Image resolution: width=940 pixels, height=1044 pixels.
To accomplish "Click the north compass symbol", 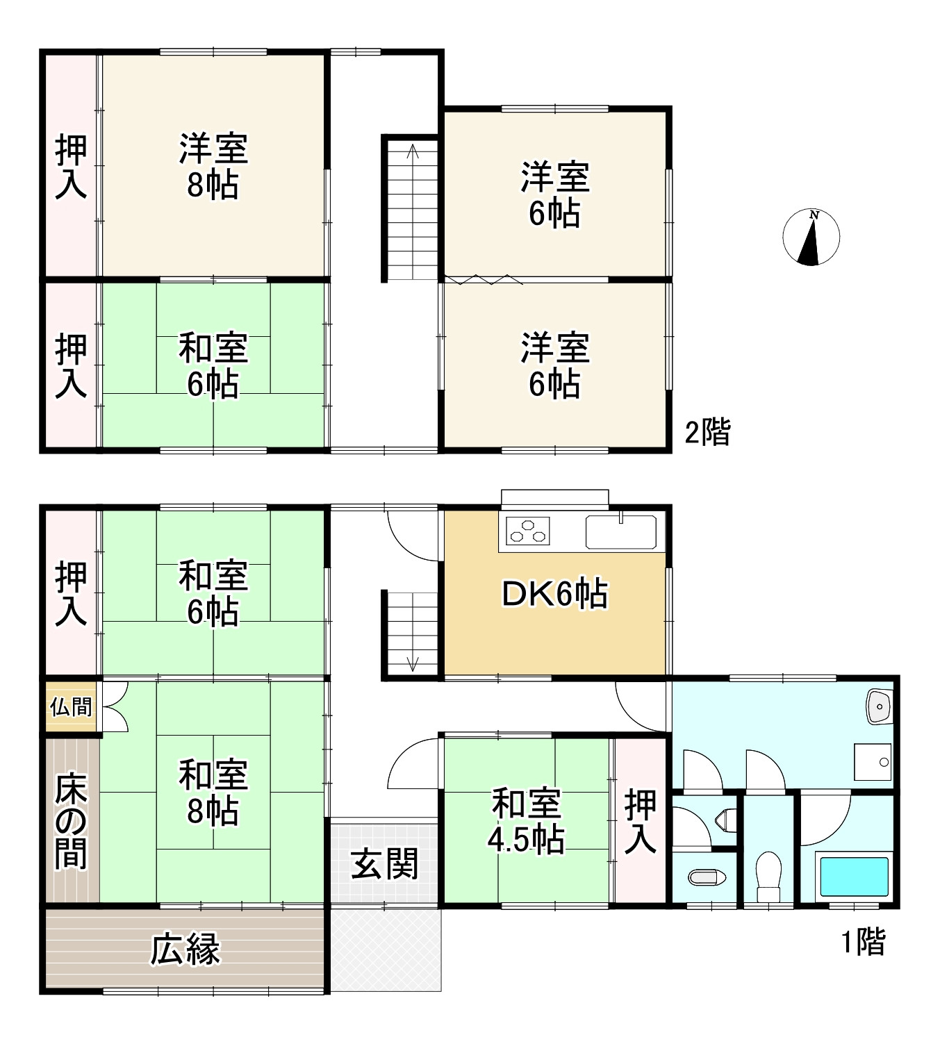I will tap(811, 237).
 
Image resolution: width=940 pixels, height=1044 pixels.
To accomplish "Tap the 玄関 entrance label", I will tap(384, 864).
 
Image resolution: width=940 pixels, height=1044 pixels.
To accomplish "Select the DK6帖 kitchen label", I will tap(554, 595).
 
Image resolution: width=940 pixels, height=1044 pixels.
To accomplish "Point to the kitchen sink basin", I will tap(620, 532).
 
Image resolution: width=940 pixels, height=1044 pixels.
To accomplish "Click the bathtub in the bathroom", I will tap(854, 877).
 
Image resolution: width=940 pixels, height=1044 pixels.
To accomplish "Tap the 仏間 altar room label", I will tap(71, 707).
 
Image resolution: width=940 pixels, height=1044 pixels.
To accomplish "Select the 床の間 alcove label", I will tap(71, 820).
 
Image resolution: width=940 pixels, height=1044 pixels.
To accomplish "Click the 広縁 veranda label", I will tap(185, 950).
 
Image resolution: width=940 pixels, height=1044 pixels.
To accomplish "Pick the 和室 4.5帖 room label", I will tap(526, 822).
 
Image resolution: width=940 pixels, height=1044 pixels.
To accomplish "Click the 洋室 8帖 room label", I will tap(213, 167).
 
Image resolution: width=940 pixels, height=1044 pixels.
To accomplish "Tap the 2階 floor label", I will tap(707, 432).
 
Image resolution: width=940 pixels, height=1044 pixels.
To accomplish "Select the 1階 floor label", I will tap(864, 942).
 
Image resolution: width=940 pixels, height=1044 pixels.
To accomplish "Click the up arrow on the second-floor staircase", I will tap(413, 151).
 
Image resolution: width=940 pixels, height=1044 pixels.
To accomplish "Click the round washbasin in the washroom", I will tap(879, 707).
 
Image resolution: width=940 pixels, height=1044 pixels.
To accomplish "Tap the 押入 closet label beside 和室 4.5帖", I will tap(640, 821).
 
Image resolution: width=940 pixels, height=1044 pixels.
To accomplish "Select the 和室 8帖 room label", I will tap(213, 793).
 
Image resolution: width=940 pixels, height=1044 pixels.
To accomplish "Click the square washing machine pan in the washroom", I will tap(873, 761).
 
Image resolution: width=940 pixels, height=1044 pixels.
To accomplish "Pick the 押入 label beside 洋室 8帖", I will tap(71, 167).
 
